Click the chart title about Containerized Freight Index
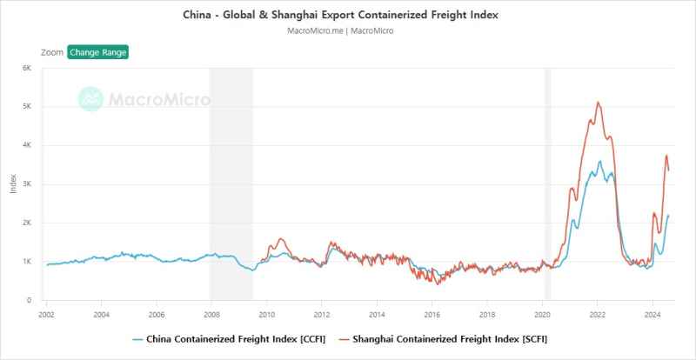coord(347,16)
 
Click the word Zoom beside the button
coord(52,52)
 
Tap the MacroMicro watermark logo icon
coord(91,99)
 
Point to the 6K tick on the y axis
coord(26,68)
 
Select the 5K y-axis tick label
coord(26,107)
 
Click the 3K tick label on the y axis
coord(26,184)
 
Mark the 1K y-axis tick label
coord(26,262)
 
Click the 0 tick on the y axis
coord(29,300)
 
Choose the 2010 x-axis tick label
coord(266,313)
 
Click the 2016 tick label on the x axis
coord(432,313)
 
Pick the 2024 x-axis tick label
coord(652,313)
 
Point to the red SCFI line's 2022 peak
coord(598,103)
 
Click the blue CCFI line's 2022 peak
coord(599,161)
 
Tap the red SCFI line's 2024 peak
coord(666,156)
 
